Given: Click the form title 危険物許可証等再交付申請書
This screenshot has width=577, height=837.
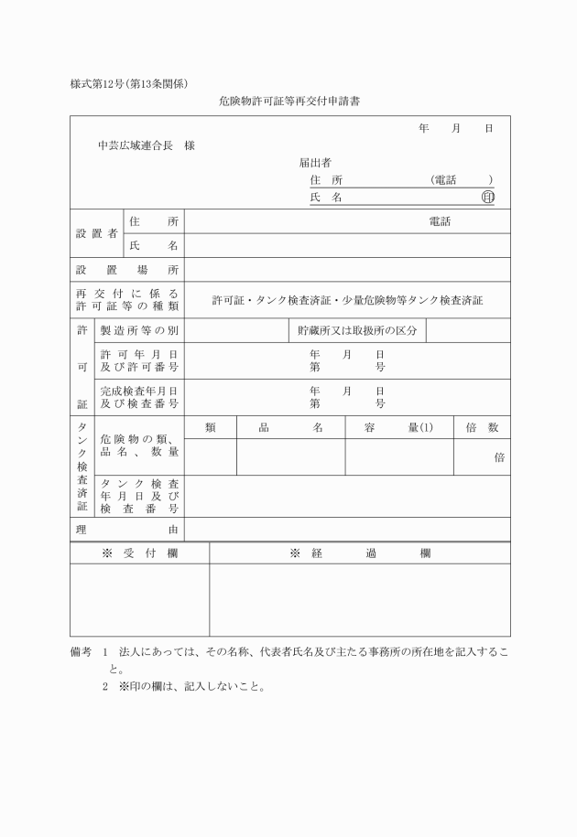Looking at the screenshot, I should click(x=288, y=102).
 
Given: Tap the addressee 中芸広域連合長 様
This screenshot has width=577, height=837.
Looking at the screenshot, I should click(x=147, y=145).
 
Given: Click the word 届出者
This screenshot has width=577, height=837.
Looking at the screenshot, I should click(x=315, y=163).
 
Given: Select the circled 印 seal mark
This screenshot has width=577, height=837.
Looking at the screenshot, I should click(x=487, y=197).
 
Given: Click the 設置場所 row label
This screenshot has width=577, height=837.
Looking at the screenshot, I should click(x=127, y=270).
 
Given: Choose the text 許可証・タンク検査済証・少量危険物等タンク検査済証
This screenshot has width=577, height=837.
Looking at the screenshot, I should click(x=347, y=299).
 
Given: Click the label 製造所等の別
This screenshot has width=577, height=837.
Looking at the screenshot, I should click(x=139, y=330).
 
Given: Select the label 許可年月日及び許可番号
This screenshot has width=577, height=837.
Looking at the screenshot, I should click(x=139, y=360).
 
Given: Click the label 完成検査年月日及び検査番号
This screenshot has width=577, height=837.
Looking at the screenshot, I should click(x=139, y=397).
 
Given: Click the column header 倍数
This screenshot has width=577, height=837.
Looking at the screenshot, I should click(x=482, y=427).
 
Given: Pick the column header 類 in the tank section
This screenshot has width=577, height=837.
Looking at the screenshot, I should click(x=211, y=427).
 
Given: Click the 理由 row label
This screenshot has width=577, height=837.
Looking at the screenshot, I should click(x=127, y=529).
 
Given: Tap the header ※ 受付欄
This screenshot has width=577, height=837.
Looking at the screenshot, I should click(x=139, y=553).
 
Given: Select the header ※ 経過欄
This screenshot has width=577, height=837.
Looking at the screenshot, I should click(x=360, y=553).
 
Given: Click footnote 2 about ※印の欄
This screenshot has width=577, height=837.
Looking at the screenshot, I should click(x=183, y=686).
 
